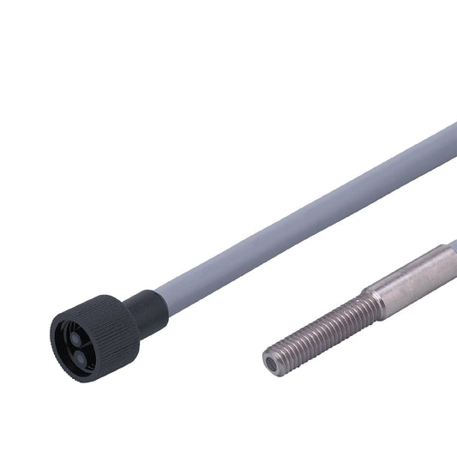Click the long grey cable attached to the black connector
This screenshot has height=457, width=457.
point(300,215)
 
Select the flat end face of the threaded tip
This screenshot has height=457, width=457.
point(272,361)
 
